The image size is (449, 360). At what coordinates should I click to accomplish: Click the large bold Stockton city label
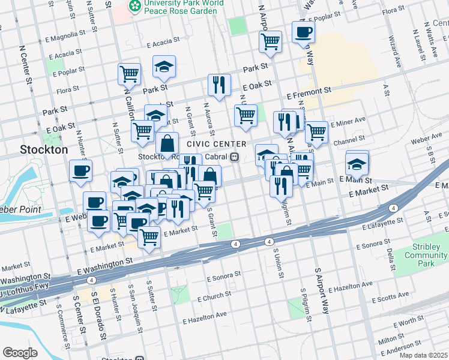click(x=44, y=149)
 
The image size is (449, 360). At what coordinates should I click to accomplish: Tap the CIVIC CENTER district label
click(x=217, y=144)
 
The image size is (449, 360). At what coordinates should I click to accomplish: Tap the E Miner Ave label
click(x=348, y=121)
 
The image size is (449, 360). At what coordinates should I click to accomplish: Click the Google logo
click(x=20, y=353)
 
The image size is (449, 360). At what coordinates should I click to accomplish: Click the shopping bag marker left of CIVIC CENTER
click(x=167, y=143)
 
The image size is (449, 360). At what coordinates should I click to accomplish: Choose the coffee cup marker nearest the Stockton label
click(x=80, y=171)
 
